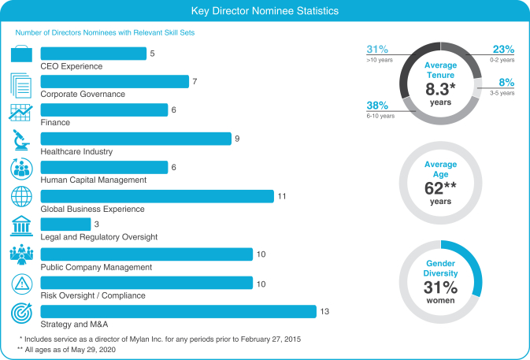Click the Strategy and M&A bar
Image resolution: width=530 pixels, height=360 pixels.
point(178,311)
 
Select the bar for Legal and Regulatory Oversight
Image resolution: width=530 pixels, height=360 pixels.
point(65,225)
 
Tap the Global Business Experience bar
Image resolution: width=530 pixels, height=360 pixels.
point(157,196)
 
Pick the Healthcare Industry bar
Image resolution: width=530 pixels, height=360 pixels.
point(135,139)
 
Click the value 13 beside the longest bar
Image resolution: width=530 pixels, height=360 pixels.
point(324,311)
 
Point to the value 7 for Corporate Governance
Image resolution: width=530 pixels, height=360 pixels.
point(195,81)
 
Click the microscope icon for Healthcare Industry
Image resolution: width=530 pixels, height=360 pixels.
point(20,141)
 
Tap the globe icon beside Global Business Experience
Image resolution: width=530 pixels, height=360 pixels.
point(20,197)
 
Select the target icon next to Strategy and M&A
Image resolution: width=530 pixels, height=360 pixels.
point(20,313)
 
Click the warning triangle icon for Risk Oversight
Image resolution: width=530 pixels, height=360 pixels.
point(20,284)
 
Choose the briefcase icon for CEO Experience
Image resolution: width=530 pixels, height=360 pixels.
point(20,54)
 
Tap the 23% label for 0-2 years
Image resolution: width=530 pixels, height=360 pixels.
point(503,49)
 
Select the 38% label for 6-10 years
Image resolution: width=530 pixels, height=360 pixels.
point(376,105)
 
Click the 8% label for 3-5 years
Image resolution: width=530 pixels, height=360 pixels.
point(506,82)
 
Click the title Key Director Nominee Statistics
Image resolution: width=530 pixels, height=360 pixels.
point(265,12)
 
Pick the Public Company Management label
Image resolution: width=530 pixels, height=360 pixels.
point(96,267)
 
